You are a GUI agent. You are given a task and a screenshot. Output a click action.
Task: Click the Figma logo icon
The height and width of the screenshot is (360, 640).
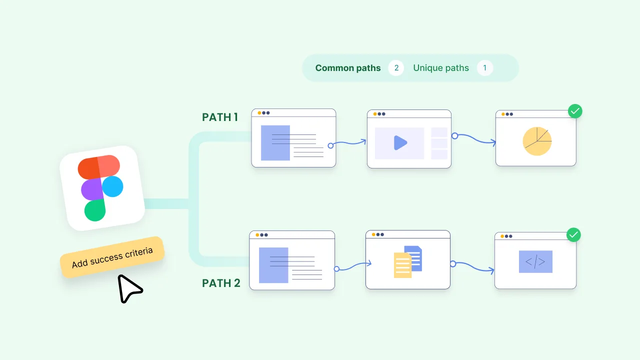[101, 188]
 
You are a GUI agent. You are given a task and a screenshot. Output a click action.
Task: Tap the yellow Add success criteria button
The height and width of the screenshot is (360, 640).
[112, 257]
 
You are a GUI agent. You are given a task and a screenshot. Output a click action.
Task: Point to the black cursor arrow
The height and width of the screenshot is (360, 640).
[128, 288]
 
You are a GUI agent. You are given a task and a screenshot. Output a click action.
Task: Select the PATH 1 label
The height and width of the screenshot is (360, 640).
[220, 117]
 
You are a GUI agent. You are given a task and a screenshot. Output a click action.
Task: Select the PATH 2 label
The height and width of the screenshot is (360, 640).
[221, 283]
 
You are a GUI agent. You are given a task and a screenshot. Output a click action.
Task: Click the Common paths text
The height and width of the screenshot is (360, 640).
[348, 68]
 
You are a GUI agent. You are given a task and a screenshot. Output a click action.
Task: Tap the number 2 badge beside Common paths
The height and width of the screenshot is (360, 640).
[396, 68]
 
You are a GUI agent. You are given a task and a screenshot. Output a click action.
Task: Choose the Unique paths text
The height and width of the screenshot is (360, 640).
[441, 68]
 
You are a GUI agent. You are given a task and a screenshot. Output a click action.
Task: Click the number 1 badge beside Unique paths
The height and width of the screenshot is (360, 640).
[484, 68]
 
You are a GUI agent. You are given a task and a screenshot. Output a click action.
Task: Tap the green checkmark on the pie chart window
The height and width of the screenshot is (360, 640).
[575, 111]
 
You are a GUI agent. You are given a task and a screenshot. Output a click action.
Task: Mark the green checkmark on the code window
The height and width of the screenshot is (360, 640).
[573, 234]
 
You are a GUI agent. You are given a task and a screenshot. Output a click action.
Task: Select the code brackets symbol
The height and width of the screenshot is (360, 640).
[535, 261]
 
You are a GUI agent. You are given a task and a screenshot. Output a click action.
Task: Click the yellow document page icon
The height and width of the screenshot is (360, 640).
[402, 265]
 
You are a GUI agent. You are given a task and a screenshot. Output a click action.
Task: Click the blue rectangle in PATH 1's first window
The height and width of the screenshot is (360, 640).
[275, 143]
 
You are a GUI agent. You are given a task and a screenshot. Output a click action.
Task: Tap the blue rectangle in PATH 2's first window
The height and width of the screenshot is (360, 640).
[273, 265]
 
